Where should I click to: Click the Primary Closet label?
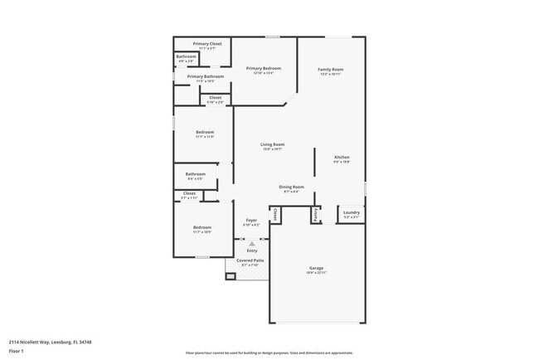point(207,43)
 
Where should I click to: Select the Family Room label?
point(331,69)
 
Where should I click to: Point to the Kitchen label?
point(342,157)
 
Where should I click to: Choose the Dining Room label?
point(291,187)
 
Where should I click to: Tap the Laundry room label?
point(352,212)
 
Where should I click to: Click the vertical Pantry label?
point(316,214)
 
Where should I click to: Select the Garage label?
point(316,267)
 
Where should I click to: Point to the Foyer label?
point(250,220)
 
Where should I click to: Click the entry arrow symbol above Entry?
point(251,245)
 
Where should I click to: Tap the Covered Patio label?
point(250,260)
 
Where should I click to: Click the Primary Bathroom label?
point(205,76)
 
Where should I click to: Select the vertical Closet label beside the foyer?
point(274,214)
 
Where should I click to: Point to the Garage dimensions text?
point(316,272)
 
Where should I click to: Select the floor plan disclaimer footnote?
point(269,353)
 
